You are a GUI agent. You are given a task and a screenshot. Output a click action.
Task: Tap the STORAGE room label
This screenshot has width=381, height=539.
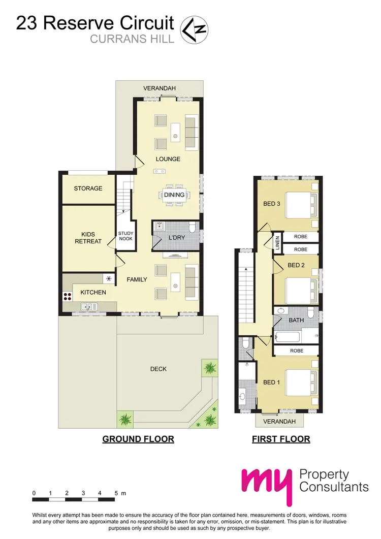(88, 188)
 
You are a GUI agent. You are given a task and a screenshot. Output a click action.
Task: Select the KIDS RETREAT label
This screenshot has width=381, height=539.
(88, 238)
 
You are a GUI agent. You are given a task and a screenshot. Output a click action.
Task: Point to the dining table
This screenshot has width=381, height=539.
(174, 195)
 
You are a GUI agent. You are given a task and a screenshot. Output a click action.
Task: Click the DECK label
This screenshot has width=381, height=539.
(158, 369)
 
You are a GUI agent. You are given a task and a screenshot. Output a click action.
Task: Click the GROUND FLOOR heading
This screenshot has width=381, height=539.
(138, 439)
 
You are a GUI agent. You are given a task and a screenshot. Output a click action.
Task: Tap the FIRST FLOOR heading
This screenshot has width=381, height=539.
(281, 439)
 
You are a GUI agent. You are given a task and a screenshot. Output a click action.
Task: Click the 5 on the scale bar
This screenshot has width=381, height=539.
(116, 493)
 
